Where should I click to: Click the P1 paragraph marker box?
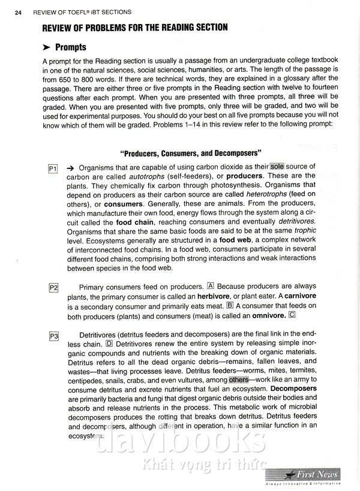click(x=52, y=170)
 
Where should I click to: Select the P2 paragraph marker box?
click(x=52, y=288)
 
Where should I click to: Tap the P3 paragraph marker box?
click(x=52, y=336)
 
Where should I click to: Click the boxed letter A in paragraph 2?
click(x=209, y=286)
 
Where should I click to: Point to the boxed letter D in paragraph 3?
click(x=109, y=344)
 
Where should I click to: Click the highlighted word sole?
click(x=277, y=166)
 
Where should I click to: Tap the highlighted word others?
click(x=239, y=379)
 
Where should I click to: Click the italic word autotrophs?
click(x=149, y=176)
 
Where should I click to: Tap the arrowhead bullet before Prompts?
click(x=46, y=47)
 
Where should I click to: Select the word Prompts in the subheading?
click(x=71, y=47)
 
